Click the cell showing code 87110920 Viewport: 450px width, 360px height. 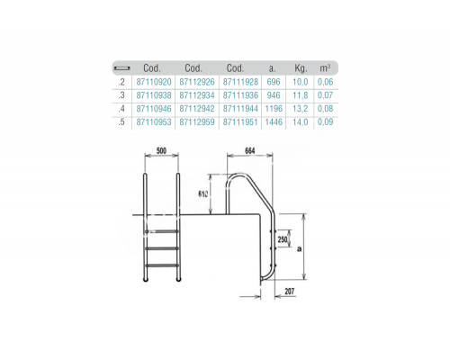pyautogui.click(x=152, y=81)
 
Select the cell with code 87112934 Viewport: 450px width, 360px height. pyautogui.click(x=193, y=94)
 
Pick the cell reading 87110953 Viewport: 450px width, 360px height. pyautogui.click(x=152, y=119)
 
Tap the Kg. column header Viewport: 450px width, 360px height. pyautogui.click(x=301, y=67)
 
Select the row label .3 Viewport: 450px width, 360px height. pyautogui.click(x=120, y=94)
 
